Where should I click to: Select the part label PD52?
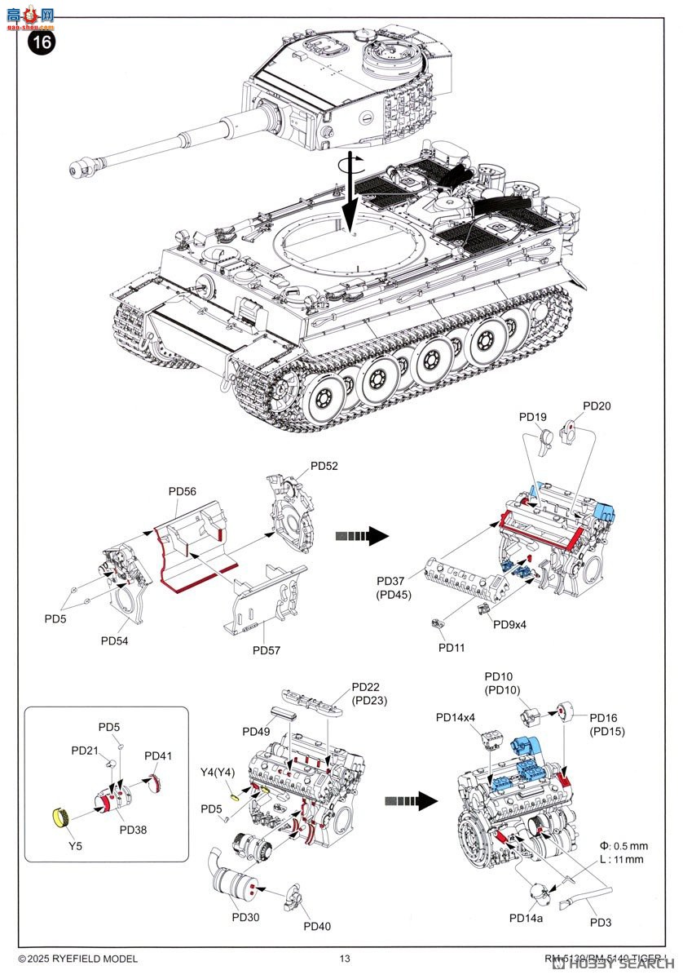[x=324, y=466]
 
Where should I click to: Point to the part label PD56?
[x=183, y=491]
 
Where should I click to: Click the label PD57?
[x=267, y=650]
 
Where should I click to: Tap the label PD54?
[x=115, y=640]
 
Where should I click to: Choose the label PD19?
[x=532, y=416]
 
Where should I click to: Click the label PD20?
[x=597, y=405]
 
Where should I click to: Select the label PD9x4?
[x=509, y=624]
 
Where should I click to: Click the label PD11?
[x=452, y=647]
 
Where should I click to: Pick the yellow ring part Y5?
[x=59, y=814]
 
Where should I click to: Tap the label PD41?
[x=158, y=755]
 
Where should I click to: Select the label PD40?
[x=317, y=926]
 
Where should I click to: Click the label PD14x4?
[x=455, y=717]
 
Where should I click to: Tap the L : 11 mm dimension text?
[x=622, y=860]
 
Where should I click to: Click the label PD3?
[x=601, y=923]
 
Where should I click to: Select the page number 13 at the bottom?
[x=346, y=959]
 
